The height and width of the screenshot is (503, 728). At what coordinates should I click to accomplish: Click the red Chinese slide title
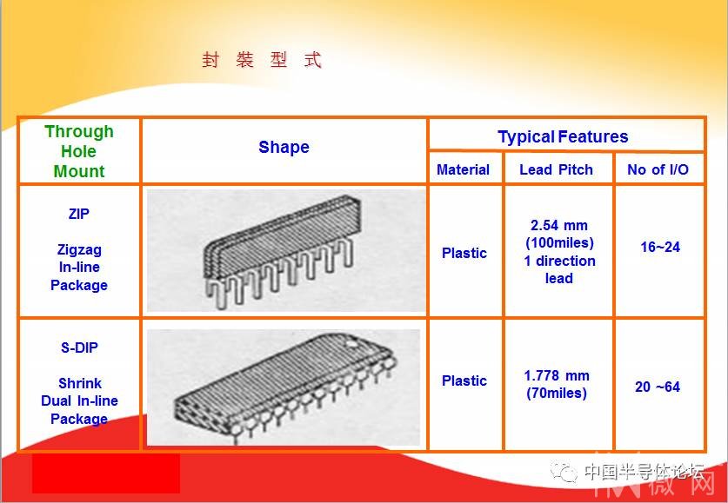[x=262, y=60]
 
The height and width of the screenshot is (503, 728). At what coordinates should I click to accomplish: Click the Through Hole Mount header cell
[x=79, y=151]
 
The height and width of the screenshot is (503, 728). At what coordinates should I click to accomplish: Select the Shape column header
[x=284, y=147]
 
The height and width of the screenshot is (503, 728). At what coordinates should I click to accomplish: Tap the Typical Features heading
[x=563, y=136]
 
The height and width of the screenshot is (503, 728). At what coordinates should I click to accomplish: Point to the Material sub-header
[x=463, y=169]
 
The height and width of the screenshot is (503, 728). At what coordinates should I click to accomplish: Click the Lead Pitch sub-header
[x=556, y=169]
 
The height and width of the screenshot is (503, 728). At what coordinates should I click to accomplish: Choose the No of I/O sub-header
[x=658, y=169]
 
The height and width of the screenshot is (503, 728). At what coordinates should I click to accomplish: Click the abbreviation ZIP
[x=79, y=215]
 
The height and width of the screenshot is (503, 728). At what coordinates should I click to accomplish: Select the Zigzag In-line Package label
[x=79, y=268]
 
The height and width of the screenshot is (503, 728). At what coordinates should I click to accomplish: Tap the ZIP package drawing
[x=278, y=250]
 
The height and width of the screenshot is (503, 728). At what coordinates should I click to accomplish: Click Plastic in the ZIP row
[x=464, y=253]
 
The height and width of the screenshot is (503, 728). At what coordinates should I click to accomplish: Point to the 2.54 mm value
[x=559, y=225]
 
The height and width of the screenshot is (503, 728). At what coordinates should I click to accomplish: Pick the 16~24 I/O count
[x=660, y=247]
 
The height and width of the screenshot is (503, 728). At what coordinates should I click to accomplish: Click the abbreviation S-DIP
[x=79, y=347]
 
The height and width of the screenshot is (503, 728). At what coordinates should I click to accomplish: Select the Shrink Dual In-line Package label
[x=79, y=401]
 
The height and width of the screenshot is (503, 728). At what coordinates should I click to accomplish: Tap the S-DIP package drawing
[x=285, y=387]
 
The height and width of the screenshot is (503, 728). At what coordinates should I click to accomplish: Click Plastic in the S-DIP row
[x=464, y=381]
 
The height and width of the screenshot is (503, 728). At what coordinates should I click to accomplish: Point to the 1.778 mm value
[x=557, y=375]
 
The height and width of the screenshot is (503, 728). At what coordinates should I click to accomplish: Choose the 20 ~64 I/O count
[x=658, y=387]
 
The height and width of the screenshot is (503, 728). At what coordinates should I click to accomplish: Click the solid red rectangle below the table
[x=106, y=473]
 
